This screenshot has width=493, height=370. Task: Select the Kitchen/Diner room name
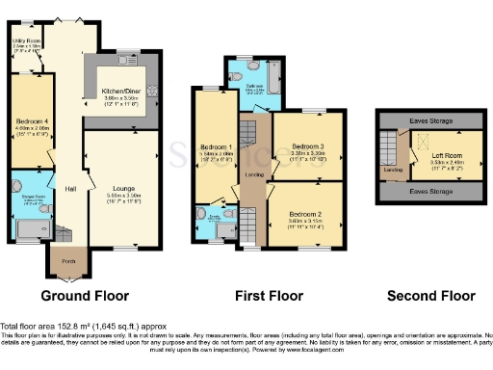[x=122, y=90]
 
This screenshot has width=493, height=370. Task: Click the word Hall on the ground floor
[x=70, y=188]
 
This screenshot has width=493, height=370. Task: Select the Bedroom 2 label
[x=305, y=214]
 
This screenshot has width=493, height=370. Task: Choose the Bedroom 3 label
[x=307, y=145]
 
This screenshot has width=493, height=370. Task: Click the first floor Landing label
[x=254, y=174]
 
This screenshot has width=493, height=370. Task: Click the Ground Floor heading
[x=79, y=295]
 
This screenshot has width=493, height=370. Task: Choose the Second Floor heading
[x=430, y=295]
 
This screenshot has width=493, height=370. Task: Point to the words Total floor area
[x=28, y=327]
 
